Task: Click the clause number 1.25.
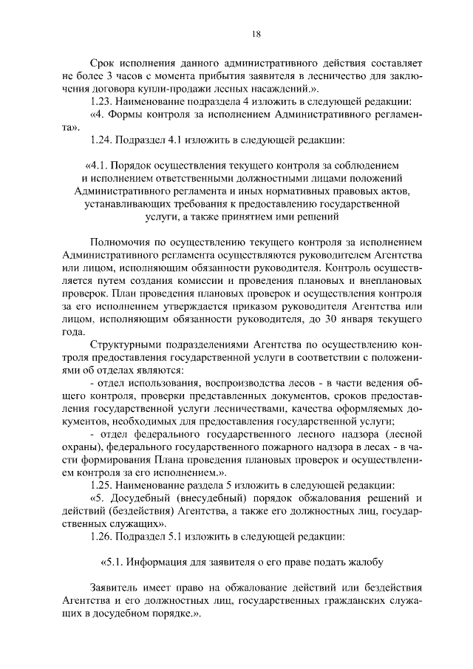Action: (x=101, y=485)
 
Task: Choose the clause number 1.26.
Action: (x=101, y=536)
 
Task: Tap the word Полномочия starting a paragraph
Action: (x=121, y=242)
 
